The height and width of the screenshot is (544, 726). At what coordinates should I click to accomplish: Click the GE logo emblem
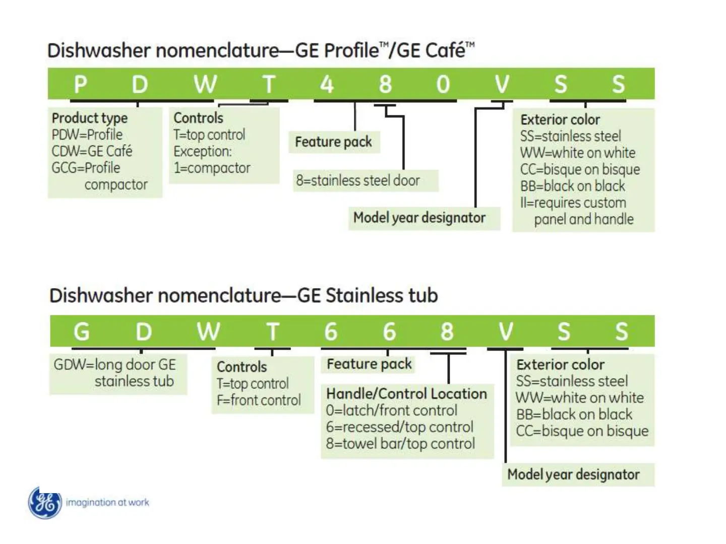pos(45,503)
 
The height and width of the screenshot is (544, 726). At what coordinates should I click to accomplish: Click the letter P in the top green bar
pos(81,84)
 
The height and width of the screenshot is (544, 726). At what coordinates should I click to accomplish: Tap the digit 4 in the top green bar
pos(327,84)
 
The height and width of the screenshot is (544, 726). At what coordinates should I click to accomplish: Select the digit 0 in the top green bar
pos(443,84)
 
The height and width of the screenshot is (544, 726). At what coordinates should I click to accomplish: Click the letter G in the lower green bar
pos(82,332)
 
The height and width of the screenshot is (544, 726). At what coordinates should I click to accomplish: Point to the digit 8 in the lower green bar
pos(447,332)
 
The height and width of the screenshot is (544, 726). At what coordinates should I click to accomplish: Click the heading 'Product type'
pos(90,118)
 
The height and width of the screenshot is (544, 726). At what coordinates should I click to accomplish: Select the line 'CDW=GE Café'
pos(92,151)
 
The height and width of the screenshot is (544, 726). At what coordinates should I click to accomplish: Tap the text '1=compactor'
pos(212,168)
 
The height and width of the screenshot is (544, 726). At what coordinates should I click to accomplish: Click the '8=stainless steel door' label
pos(357,180)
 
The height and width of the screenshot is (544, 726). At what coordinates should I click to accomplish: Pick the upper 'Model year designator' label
pos(419,218)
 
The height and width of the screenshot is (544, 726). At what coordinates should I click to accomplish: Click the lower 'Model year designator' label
pos(573,474)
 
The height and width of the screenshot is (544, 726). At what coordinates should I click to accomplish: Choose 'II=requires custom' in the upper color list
pos(573,203)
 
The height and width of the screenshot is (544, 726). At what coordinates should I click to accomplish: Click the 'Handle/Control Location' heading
pos(406,394)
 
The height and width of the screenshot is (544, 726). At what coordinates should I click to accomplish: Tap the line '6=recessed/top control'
pos(399,427)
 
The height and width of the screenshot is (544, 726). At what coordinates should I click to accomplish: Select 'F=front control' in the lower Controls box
pos(259,400)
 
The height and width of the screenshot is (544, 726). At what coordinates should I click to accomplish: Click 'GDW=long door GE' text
pos(115,365)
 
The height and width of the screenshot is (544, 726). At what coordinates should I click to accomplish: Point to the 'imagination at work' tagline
pos(107,502)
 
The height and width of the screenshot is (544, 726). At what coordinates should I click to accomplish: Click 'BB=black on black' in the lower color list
pos(574,415)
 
